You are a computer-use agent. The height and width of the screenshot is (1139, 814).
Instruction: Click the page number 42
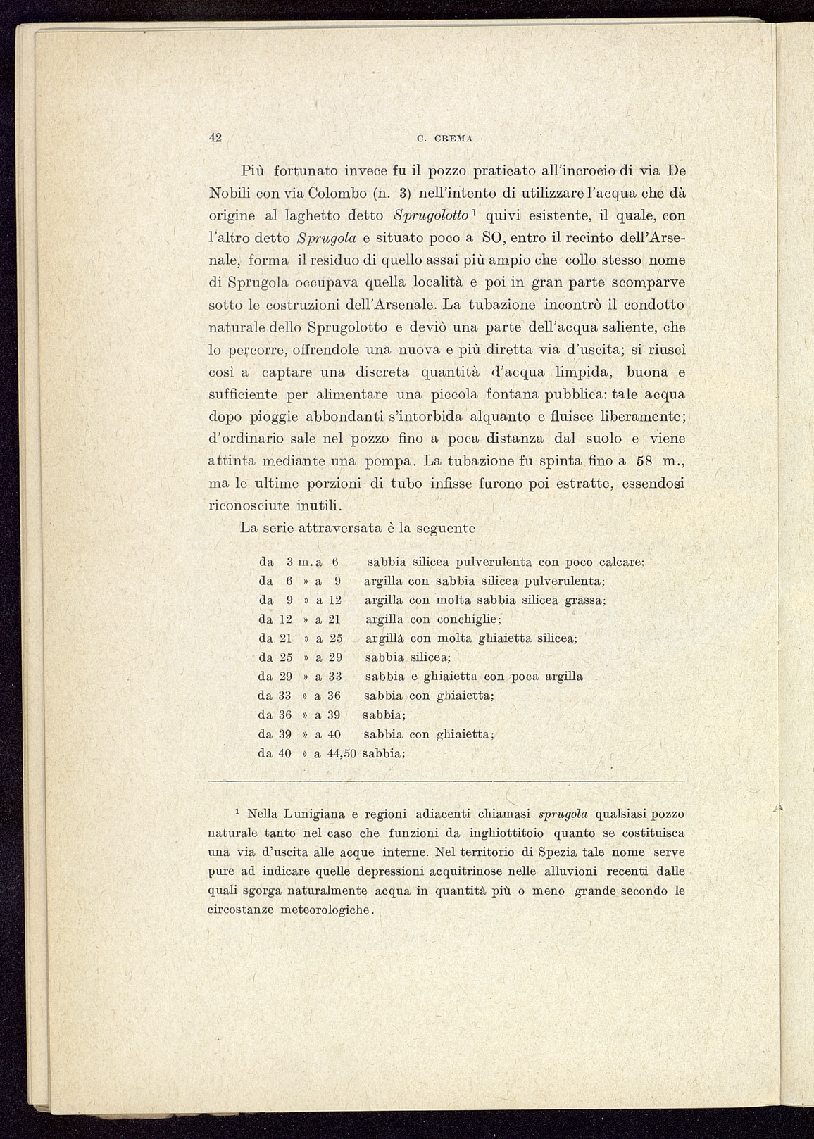click(x=215, y=137)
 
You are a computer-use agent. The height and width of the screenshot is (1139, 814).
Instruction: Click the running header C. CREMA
click(x=444, y=139)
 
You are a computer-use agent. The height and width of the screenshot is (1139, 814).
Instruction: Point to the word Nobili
click(x=227, y=193)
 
